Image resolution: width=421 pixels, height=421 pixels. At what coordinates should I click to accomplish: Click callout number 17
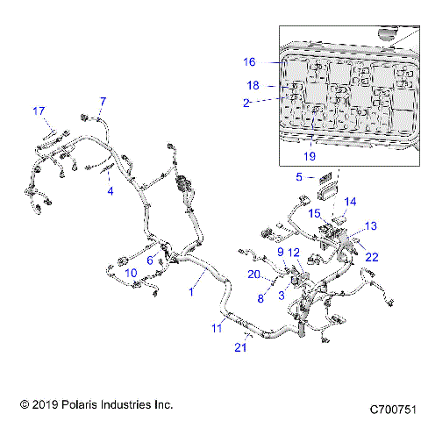tap(39, 111)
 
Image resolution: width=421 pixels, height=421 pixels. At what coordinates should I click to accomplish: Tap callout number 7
tap(103, 101)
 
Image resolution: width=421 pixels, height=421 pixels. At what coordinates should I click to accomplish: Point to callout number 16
tap(249, 62)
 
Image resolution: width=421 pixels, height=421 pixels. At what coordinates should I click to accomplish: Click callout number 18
tap(253, 86)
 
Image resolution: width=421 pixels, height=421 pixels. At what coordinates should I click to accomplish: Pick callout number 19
tap(309, 157)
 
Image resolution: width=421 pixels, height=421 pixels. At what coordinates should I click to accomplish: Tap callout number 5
tap(299, 176)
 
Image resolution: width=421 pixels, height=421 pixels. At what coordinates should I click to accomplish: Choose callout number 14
tap(350, 202)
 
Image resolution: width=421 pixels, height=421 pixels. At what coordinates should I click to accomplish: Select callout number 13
tap(371, 226)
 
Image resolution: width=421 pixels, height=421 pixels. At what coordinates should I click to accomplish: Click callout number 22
tap(373, 256)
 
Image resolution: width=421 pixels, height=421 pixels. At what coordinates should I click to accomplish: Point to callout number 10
tap(130, 274)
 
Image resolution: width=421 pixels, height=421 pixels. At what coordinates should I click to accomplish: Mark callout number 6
tap(150, 260)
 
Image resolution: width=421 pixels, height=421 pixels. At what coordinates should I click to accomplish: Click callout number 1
tap(190, 292)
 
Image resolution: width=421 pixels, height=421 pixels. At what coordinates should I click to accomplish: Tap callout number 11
tap(217, 328)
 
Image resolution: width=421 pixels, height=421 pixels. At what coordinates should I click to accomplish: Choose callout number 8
tap(260, 298)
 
